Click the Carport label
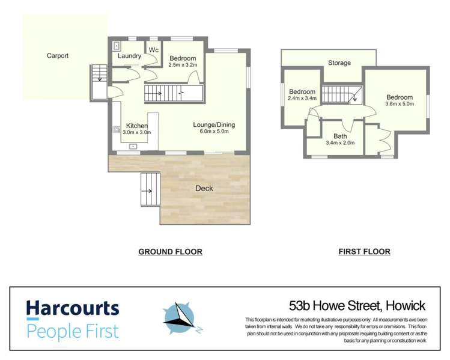pos(58,56)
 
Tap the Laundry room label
pos(129,56)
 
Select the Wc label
pos(153,49)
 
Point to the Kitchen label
pos(137,126)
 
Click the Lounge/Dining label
pos(214,125)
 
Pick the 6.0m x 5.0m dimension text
pos(214,133)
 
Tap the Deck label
pos(204,188)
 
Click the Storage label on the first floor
pos(339,63)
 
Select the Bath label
pos(340,136)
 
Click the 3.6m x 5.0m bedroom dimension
pos(400,105)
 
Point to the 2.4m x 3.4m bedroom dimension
pos(302,98)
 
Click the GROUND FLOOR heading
pos(170,252)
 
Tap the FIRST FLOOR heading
pos(364,252)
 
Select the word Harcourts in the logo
pos(73,310)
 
